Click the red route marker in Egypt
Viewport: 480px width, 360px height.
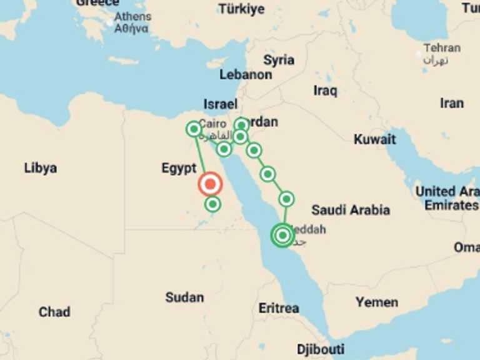point(210,184)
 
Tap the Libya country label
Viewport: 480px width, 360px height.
point(41,168)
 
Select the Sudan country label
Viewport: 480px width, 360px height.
point(184,297)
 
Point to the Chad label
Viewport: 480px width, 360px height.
point(54,312)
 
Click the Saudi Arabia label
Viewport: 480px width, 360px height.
point(351,210)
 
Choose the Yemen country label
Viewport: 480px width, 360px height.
point(377,302)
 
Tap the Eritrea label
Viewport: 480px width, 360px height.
point(279,308)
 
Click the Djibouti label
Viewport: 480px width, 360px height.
point(320,349)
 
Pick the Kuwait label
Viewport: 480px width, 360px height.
point(375,139)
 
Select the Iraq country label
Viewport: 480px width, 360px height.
point(325,91)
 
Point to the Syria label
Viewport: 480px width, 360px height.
point(279,60)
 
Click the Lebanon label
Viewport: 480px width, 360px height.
point(246,75)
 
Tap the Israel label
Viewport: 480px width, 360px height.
point(220,104)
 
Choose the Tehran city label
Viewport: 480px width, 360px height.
point(442,48)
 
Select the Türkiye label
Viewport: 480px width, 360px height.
point(241,9)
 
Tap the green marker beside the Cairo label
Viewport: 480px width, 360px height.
point(194,129)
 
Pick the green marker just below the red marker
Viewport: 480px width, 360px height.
point(213,204)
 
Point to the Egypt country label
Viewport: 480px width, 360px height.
point(179,168)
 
